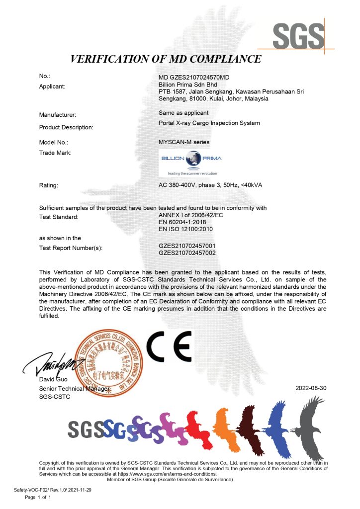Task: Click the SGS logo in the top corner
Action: tap(298, 34)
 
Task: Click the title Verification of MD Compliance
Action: tap(166, 59)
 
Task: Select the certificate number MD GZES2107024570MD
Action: tap(194, 77)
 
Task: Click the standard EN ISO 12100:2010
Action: tap(186, 229)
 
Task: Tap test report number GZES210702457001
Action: tap(187, 246)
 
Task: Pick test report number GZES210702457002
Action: tap(187, 253)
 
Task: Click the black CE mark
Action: tap(169, 346)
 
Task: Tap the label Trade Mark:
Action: tap(55, 153)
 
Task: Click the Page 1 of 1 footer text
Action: tap(38, 497)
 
